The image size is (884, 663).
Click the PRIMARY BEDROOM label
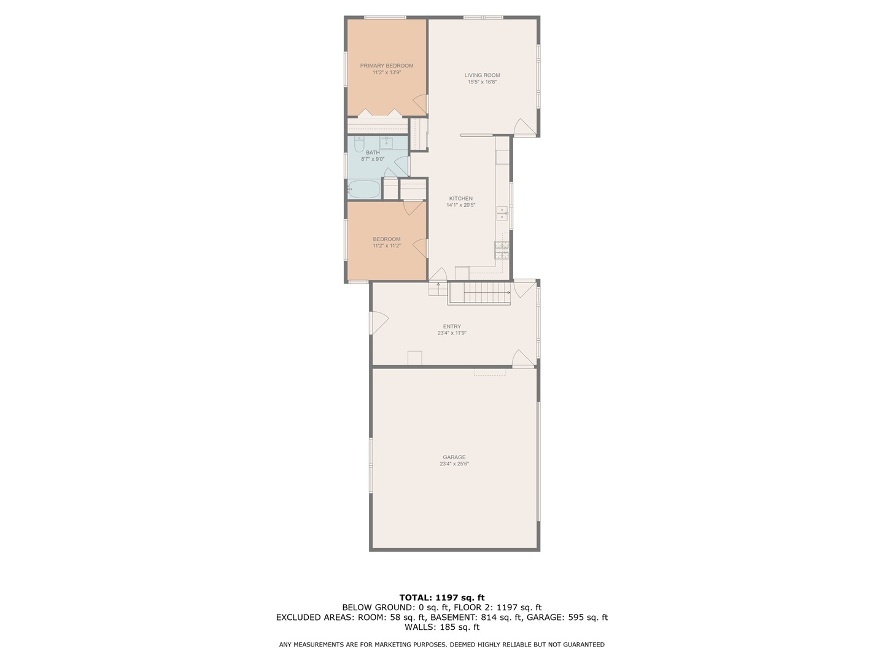[x=386, y=66]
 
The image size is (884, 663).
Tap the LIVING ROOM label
[x=482, y=75]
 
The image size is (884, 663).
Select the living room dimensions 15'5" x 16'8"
[x=482, y=82]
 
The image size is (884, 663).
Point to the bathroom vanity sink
[x=387, y=144]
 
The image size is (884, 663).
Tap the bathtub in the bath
[x=364, y=189]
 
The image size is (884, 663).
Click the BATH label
[x=373, y=152]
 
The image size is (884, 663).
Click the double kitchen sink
[x=502, y=213]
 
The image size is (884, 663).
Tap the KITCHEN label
[x=460, y=198]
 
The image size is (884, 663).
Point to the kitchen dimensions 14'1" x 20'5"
[x=460, y=205]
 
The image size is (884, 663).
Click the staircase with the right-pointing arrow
[x=480, y=293]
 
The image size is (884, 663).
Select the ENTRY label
[x=452, y=327]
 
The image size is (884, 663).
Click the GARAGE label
[x=454, y=457]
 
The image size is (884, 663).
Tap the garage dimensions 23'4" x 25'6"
[x=454, y=464]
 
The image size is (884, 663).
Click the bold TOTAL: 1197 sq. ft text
[x=442, y=597]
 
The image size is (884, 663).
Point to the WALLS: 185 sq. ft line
[x=442, y=627]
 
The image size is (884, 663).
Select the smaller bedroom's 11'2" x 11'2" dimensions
[x=386, y=246]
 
